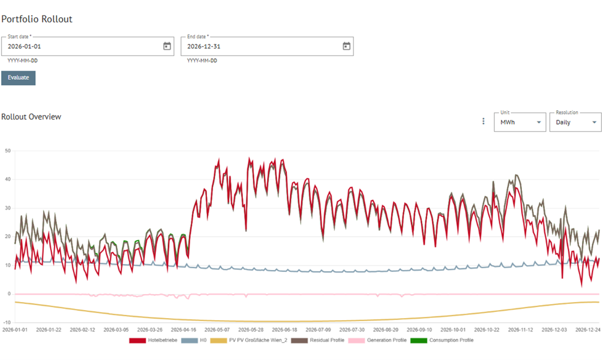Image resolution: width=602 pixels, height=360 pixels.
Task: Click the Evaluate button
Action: click(x=19, y=78)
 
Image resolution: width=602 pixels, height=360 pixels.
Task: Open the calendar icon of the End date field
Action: click(x=346, y=46)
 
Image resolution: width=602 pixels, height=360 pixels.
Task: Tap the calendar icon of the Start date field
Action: click(x=167, y=46)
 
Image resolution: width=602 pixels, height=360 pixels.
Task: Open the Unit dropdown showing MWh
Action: click(x=519, y=122)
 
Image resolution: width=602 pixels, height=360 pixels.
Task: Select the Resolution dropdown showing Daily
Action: click(x=575, y=122)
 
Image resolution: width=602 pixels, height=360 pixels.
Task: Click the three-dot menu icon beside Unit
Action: click(x=483, y=121)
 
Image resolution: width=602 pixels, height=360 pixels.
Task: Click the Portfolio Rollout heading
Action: click(x=37, y=19)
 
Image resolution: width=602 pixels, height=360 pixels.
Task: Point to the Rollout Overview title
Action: click(x=32, y=116)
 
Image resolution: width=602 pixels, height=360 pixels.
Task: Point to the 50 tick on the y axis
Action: click(x=8, y=150)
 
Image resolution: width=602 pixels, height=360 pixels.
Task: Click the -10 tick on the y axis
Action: click(x=7, y=322)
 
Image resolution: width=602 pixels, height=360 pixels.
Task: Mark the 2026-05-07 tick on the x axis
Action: click(x=216, y=330)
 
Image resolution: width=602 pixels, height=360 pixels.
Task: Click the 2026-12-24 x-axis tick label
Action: click(x=588, y=330)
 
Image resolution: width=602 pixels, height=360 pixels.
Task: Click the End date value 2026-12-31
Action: click(x=204, y=46)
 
